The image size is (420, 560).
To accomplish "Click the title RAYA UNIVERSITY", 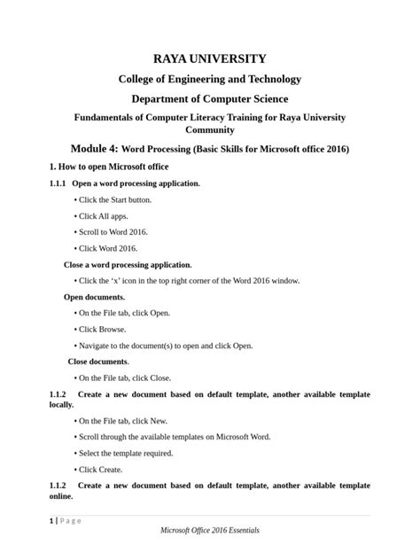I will tap(210, 58).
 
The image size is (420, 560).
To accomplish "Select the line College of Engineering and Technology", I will tap(210, 79).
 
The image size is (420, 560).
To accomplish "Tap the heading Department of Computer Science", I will tap(210, 98).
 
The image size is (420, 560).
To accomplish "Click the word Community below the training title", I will tap(210, 129).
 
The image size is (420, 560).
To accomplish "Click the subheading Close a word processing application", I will tap(128, 264).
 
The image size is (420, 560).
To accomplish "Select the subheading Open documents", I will tap(95, 297).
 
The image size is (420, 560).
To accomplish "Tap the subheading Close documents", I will tap(98, 361).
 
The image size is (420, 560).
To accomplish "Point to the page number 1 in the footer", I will tap(51, 520).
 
